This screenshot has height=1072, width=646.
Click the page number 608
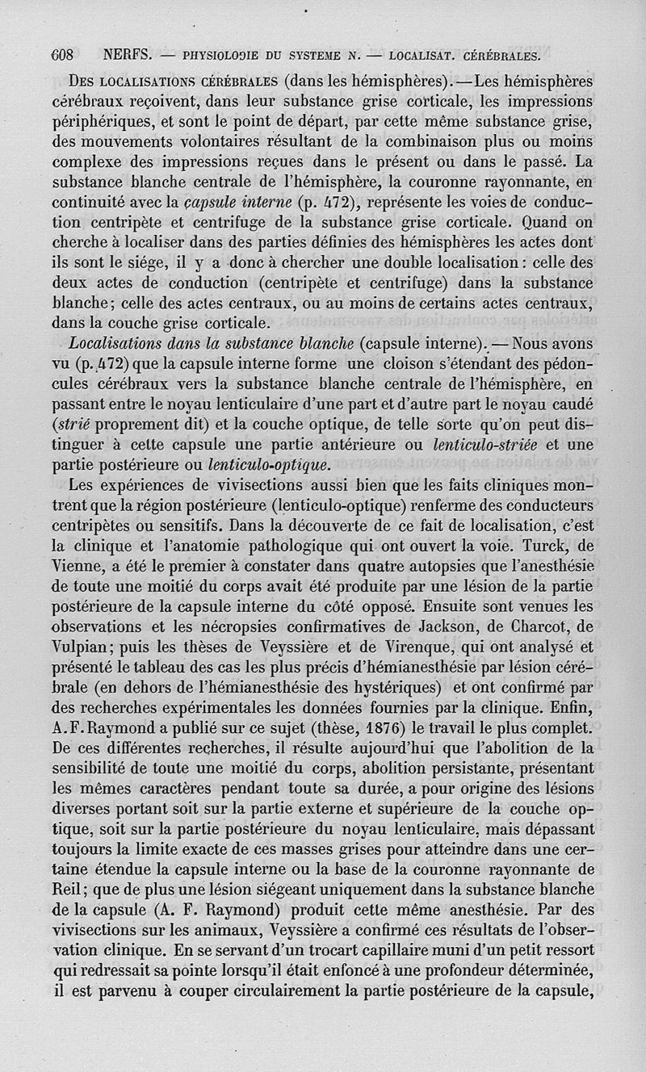click(x=62, y=56)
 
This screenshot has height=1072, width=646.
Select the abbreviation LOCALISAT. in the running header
click(x=423, y=57)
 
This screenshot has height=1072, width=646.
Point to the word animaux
click(x=223, y=930)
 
